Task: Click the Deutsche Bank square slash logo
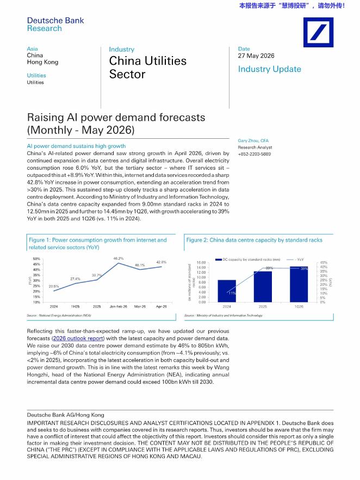pyautogui.click(x=318, y=32)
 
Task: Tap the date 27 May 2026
pyautogui.click(x=256, y=56)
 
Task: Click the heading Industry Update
pyautogui.click(x=270, y=69)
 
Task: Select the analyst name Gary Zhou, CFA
pyautogui.click(x=253, y=141)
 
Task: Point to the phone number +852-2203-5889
pyautogui.click(x=255, y=154)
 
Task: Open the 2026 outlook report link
pyautogui.click(x=78, y=339)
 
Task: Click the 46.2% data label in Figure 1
pyautogui.click(x=119, y=259)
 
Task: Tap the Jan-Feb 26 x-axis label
pyautogui.click(x=119, y=306)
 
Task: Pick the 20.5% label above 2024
pyautogui.click(x=54, y=286)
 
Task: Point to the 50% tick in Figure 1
pyautogui.click(x=36, y=259)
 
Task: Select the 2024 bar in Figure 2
pyautogui.click(x=227, y=291)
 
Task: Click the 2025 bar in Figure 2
pyautogui.click(x=263, y=286)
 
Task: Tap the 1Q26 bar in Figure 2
pyautogui.click(x=299, y=285)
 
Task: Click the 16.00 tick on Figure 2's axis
pyautogui.click(x=201, y=263)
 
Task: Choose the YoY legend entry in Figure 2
pyautogui.click(x=295, y=260)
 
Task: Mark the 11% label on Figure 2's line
pyautogui.click(x=232, y=293)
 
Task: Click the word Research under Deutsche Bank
pyautogui.click(x=45, y=28)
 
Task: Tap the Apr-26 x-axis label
pyautogui.click(x=162, y=306)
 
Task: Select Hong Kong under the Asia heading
pyautogui.click(x=42, y=62)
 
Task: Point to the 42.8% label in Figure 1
pyautogui.click(x=161, y=262)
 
